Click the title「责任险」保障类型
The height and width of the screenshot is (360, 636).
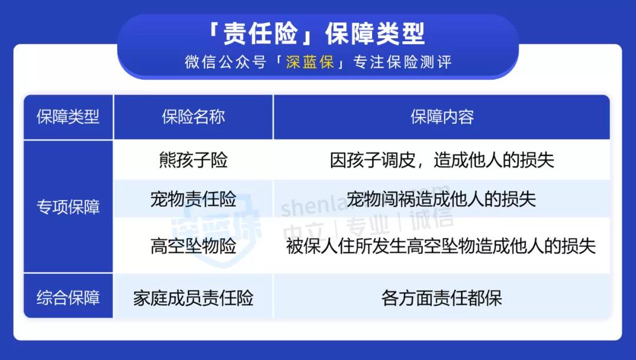(x=317, y=33)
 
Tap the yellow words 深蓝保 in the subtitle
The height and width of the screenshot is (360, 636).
(x=310, y=62)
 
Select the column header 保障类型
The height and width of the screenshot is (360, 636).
(x=68, y=117)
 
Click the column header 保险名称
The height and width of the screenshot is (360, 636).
(x=193, y=117)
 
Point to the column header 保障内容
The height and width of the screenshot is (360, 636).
(x=442, y=117)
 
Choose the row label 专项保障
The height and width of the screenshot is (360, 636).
(x=68, y=207)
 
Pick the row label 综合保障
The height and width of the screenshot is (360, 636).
(x=68, y=298)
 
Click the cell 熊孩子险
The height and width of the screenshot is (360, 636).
(x=193, y=160)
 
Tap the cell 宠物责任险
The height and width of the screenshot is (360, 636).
(x=193, y=199)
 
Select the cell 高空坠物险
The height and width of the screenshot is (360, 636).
(x=193, y=246)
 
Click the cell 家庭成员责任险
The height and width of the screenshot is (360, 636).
(x=193, y=298)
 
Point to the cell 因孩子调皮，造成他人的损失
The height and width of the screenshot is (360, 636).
(x=442, y=160)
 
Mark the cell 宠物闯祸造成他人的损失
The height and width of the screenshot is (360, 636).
(x=442, y=199)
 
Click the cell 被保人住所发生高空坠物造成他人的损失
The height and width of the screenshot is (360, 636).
(x=441, y=246)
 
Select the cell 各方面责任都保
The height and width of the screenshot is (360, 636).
(x=442, y=298)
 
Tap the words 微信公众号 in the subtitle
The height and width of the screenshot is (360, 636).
(x=226, y=62)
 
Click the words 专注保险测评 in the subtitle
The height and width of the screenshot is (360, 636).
(x=402, y=62)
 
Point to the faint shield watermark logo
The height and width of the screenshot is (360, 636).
(x=215, y=227)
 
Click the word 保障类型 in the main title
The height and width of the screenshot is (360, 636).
(x=375, y=33)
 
